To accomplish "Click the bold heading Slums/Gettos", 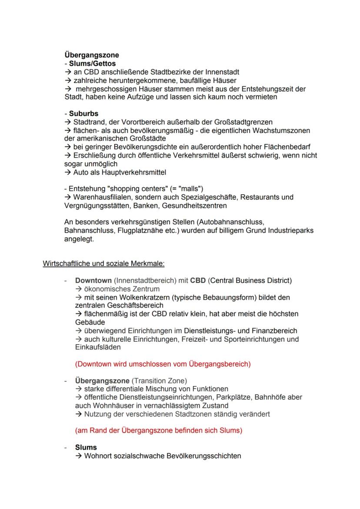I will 92,63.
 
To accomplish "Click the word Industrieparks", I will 289,230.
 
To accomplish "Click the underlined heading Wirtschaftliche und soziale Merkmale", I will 103,264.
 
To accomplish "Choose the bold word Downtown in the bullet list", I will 93,280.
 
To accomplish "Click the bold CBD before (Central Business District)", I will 198,280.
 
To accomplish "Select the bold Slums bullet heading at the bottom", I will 86,447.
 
